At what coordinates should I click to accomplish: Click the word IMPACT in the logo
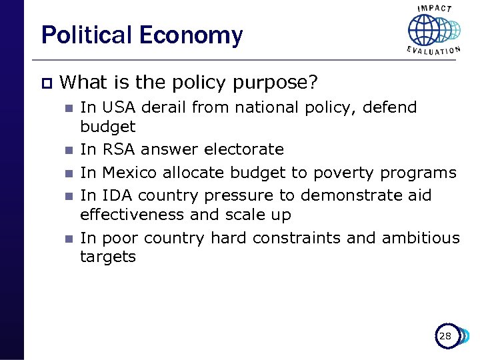point(434,9)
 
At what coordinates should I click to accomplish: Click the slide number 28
point(445,336)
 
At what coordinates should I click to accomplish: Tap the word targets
point(107,257)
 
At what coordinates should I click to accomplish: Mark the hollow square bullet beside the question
point(45,83)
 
